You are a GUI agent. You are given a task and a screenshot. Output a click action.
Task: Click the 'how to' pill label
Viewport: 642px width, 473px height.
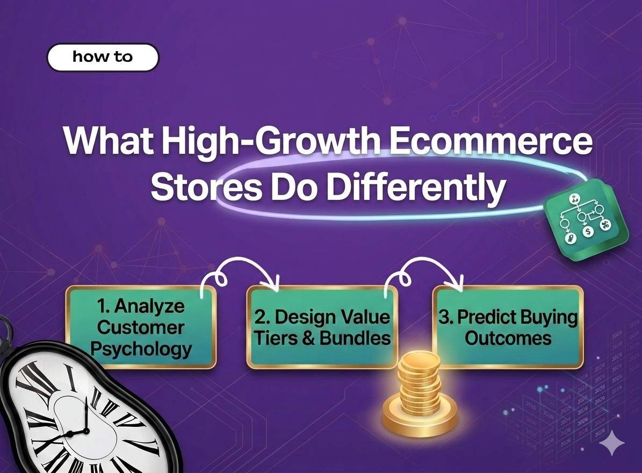103,58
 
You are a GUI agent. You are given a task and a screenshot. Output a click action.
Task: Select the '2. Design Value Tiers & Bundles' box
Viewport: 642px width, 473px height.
322,327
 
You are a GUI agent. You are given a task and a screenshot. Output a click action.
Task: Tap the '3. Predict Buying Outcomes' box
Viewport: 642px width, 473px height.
508,327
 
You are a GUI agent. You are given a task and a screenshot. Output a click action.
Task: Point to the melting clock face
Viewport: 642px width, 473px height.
86,414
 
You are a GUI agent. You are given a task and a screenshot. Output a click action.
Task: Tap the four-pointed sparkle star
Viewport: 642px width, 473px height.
612,444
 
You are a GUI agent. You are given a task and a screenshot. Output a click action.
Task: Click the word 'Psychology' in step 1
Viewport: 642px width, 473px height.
141,349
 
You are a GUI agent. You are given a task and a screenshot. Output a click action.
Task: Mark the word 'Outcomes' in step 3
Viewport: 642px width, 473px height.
508,339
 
